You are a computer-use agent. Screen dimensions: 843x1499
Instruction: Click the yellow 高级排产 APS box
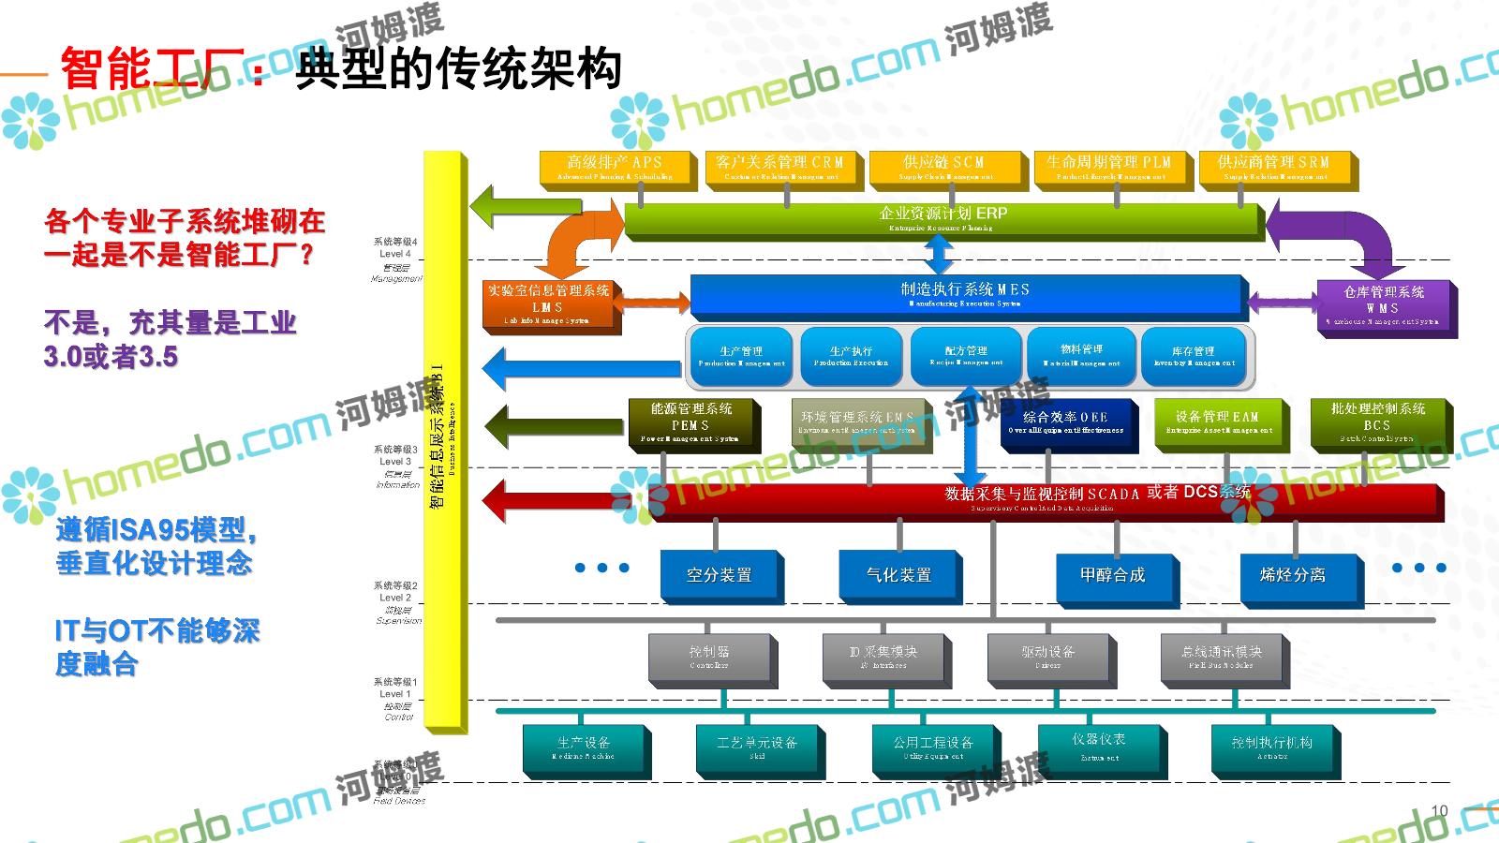pos(615,168)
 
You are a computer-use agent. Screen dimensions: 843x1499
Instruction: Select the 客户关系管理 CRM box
pos(779,168)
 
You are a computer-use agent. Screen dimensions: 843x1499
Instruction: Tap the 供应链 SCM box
pos(943,168)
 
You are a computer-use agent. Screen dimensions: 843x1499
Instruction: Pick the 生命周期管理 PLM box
pos(1109,168)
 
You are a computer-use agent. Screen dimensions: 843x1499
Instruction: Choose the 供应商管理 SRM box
pos(1273,168)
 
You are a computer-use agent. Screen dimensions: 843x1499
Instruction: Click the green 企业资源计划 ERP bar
pos(942,218)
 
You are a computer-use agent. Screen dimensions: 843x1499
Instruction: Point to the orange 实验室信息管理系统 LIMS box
pos(548,304)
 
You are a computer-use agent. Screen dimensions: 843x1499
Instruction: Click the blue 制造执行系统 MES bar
pos(965,295)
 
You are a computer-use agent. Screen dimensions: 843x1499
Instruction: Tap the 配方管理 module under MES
pos(965,356)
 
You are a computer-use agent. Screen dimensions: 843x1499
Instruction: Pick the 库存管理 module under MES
pos(1193,356)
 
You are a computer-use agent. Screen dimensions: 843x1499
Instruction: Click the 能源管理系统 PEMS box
pos(690,422)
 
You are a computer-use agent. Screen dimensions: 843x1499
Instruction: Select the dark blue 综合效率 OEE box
pos(1065,422)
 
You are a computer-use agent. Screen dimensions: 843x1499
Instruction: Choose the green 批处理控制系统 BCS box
pos(1377,422)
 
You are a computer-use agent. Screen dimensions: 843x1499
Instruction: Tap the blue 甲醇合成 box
pos(1112,575)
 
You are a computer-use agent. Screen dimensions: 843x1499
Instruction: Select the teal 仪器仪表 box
pos(1099,747)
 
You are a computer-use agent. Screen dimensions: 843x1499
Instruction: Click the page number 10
pos(1440,810)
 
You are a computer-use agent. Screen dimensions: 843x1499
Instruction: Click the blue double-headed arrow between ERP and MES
pos(940,254)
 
